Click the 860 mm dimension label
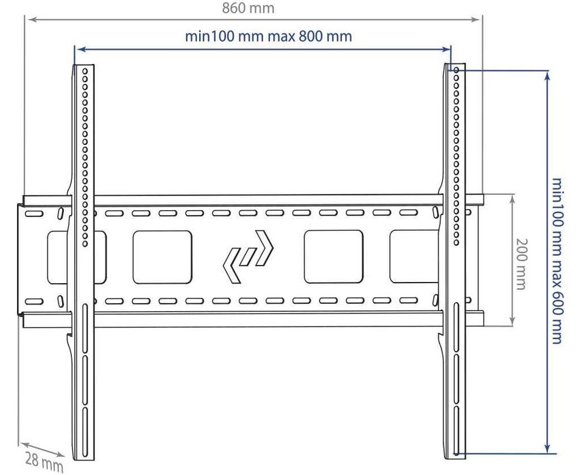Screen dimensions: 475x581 pyautogui.click(x=248, y=9)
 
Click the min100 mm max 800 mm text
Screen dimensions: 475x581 pyautogui.click(x=269, y=36)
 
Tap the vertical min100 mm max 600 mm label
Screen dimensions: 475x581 pyautogui.click(x=557, y=261)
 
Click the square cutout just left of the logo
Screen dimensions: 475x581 pyautogui.click(x=162, y=257)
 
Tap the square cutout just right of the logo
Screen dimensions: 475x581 pyautogui.click(x=333, y=257)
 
